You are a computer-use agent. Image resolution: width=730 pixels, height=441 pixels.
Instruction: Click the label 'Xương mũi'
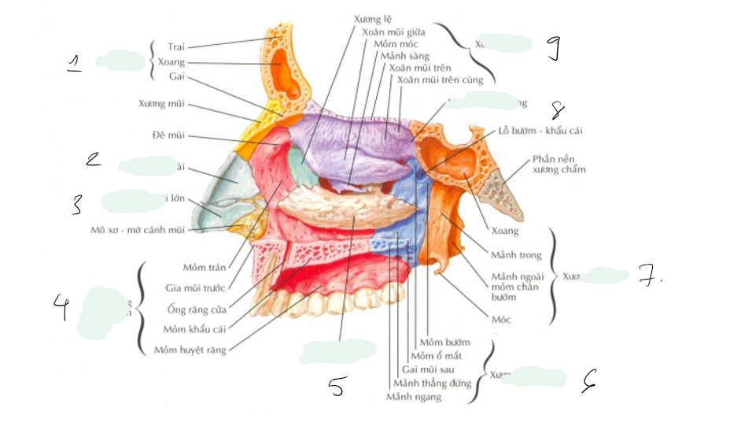click(161, 103)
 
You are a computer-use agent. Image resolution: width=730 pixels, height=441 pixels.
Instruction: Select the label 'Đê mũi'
click(168, 135)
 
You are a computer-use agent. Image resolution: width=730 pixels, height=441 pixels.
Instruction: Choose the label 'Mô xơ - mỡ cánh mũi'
click(137, 230)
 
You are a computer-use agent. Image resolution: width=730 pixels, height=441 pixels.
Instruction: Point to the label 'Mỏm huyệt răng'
click(190, 350)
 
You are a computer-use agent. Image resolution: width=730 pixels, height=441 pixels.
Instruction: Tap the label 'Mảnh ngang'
click(414, 397)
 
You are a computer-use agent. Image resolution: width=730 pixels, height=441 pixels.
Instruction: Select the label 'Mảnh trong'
click(516, 255)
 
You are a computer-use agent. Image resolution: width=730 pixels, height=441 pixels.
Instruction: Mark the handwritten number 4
click(61, 306)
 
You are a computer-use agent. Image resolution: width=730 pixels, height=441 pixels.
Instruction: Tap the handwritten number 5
click(337, 387)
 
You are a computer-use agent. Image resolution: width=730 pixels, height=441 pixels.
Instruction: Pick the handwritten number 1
click(74, 63)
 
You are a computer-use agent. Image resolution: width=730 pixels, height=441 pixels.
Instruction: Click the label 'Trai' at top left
click(176, 47)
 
